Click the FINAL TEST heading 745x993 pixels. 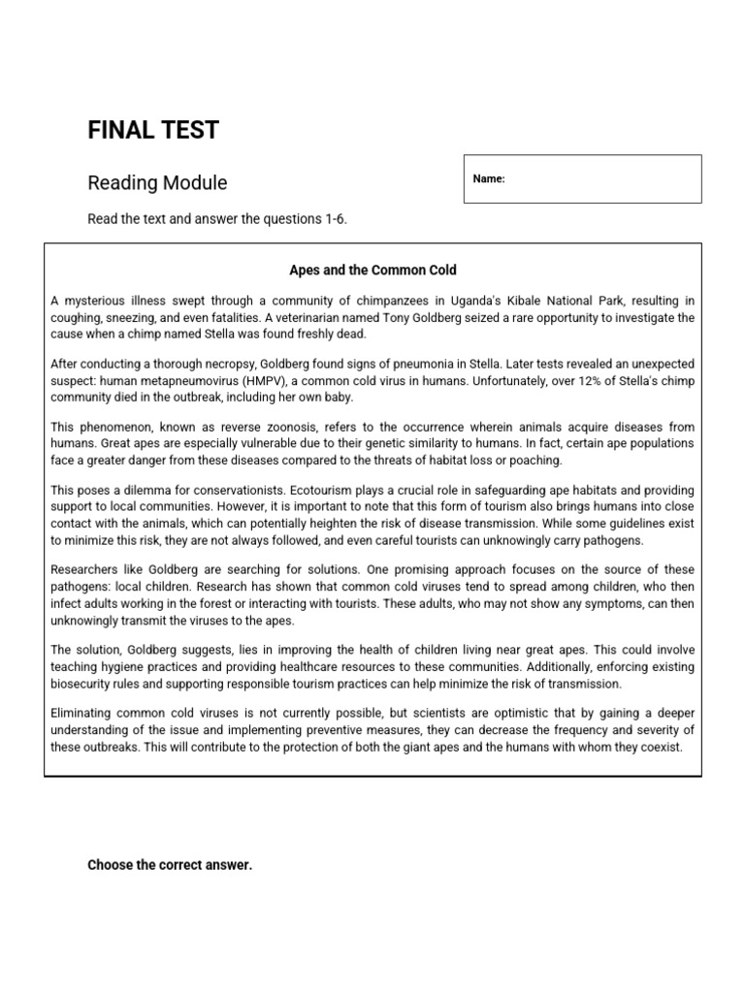[153, 131]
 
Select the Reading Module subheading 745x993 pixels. [157, 182]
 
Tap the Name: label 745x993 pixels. [489, 179]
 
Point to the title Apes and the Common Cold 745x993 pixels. [372, 270]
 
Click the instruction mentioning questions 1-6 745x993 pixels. [217, 219]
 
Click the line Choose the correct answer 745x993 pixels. [170, 865]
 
